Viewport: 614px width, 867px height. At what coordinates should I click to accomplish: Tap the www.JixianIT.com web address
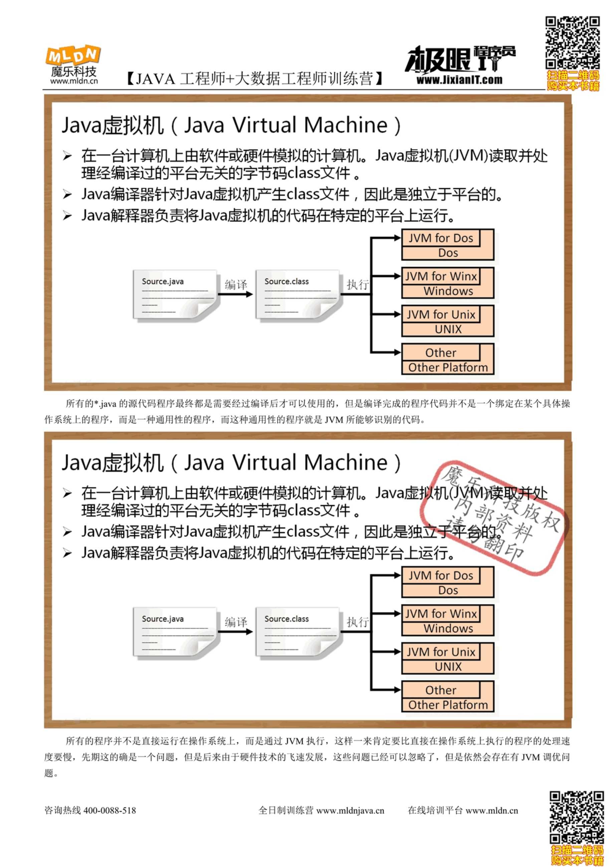459,80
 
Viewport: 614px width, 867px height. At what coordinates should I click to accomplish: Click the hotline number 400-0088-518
110,810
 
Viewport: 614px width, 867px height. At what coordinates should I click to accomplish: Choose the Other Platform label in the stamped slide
448,705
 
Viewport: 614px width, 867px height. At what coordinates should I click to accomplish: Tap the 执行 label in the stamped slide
358,622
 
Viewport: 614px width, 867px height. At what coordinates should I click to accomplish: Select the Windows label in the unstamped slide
448,291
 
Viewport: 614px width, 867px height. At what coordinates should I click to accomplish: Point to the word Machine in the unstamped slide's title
346,125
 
